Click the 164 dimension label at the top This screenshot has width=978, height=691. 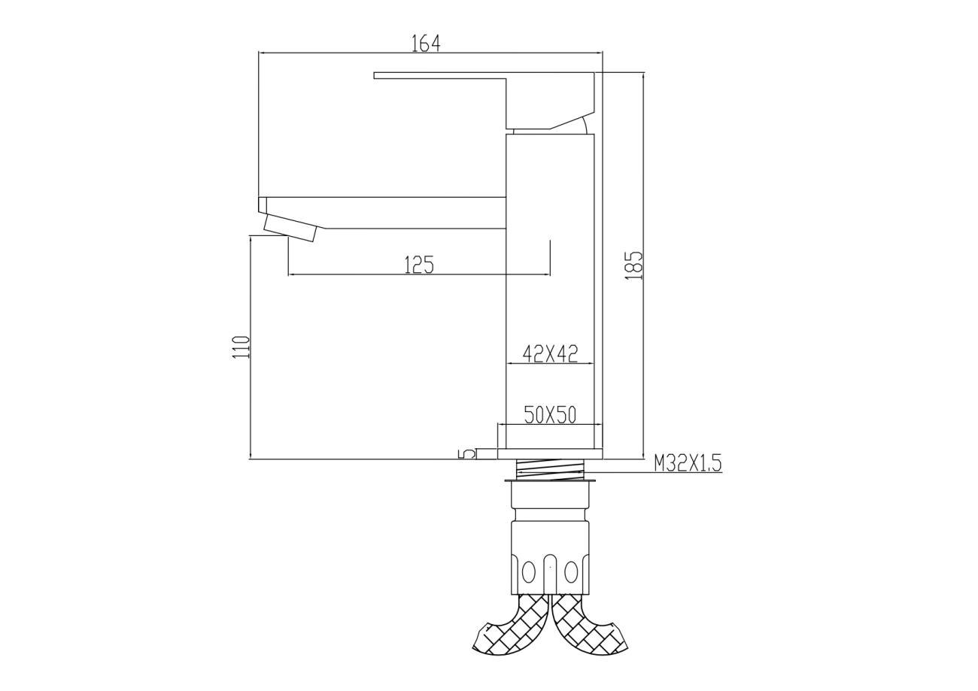426,43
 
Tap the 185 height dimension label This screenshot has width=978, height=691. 633,265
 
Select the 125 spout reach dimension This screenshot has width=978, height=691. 419,265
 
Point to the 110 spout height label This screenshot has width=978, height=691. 241,347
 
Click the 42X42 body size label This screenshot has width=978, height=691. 550,354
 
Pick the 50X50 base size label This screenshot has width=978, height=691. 550,415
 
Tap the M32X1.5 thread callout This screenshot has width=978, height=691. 688,463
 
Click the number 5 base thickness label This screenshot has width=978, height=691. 466,454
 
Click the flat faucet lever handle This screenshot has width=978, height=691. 484,100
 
